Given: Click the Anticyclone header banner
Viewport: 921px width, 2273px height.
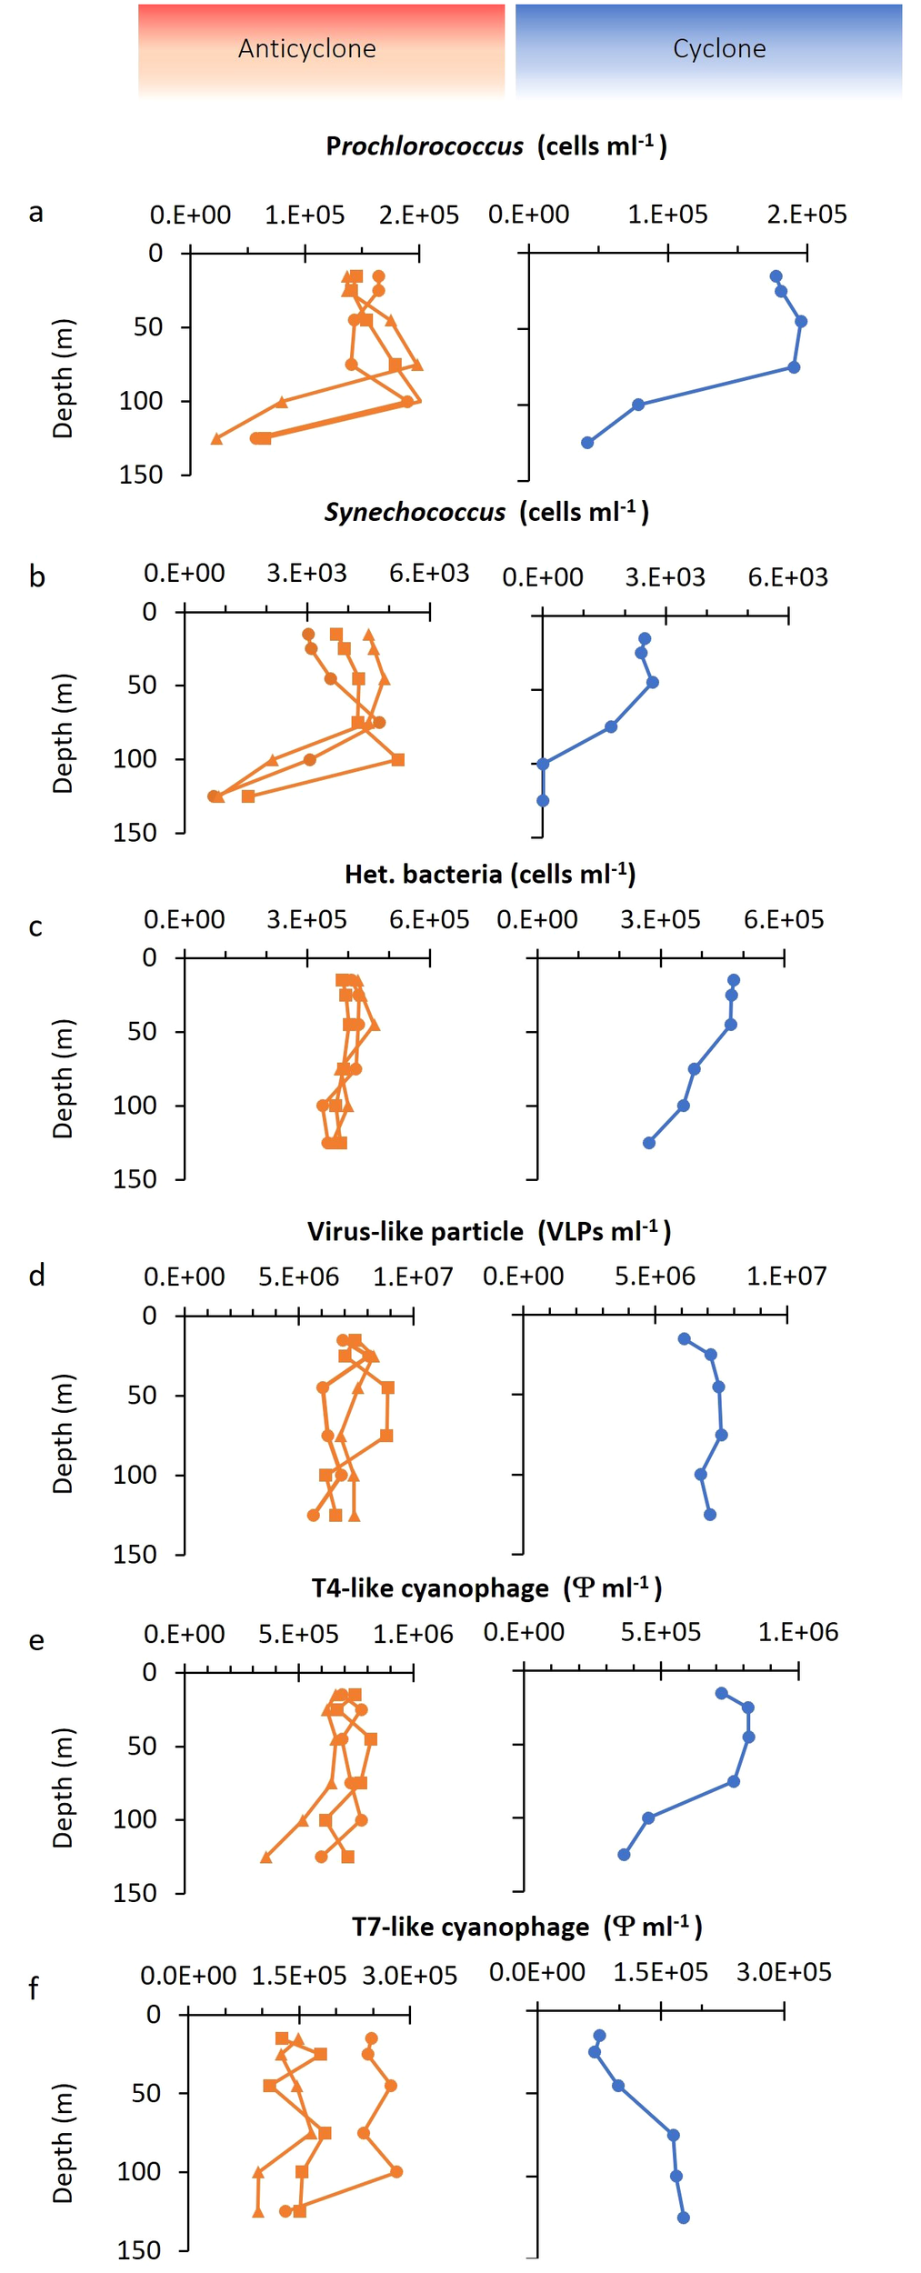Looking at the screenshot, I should pyautogui.click(x=321, y=49).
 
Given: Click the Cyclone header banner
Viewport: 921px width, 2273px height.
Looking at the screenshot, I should pyautogui.click(x=708, y=49).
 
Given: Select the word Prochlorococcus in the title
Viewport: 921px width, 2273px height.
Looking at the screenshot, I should pyautogui.click(x=425, y=146).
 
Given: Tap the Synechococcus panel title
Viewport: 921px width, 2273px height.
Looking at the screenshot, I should pyautogui.click(x=486, y=512).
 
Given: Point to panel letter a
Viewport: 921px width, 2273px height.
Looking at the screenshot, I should pyautogui.click(x=35, y=213).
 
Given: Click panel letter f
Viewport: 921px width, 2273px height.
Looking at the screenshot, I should pyautogui.click(x=34, y=1988).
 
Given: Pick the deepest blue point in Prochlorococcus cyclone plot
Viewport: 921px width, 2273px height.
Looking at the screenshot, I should pyautogui.click(x=587, y=443).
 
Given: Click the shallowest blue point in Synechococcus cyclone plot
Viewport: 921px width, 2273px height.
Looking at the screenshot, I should pyautogui.click(x=645, y=639).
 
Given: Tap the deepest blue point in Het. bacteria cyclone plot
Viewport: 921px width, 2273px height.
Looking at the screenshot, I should pyautogui.click(x=649, y=1143).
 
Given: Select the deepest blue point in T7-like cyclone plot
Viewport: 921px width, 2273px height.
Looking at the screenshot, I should pyautogui.click(x=684, y=2218).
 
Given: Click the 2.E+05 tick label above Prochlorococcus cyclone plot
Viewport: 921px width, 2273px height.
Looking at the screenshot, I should pyautogui.click(x=806, y=215).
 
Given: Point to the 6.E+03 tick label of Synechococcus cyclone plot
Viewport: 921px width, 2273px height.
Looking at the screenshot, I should pyautogui.click(x=787, y=577).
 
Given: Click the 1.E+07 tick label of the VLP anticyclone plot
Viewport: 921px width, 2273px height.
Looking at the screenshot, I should pyautogui.click(x=413, y=1277).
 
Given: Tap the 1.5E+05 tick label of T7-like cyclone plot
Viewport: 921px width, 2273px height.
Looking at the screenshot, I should pyautogui.click(x=660, y=1972).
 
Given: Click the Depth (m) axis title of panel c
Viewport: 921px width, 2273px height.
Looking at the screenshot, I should pyautogui.click(x=62, y=1078).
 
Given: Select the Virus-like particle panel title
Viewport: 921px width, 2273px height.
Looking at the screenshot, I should pyautogui.click(x=489, y=1232).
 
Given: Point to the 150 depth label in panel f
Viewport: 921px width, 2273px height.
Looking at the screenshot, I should pyautogui.click(x=139, y=2250).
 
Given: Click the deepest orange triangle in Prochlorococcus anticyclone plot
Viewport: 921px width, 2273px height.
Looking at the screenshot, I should pyautogui.click(x=216, y=439).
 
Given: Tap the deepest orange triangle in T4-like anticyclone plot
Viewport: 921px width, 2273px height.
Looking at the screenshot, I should pyautogui.click(x=266, y=1857).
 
